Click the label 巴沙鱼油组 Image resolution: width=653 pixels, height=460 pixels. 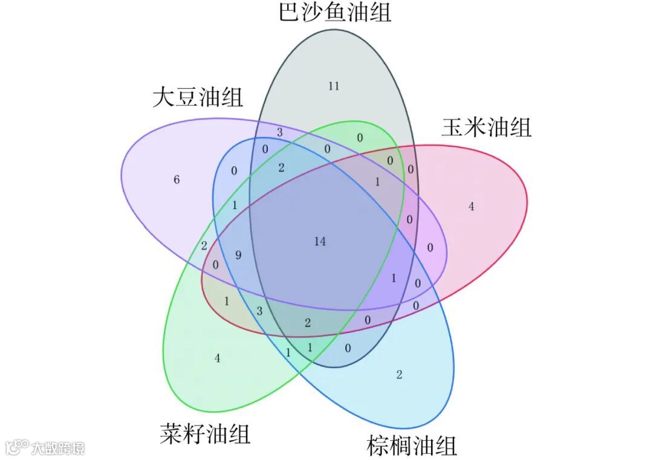click(335, 12)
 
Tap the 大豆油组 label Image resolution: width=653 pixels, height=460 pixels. click(197, 97)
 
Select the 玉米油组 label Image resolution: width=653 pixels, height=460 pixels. click(486, 128)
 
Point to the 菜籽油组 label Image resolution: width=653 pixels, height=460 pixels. click(205, 434)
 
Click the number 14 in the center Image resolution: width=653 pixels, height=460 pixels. click(320, 241)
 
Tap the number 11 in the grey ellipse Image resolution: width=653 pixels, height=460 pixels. click(334, 86)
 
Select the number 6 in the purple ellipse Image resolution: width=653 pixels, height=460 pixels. click(177, 180)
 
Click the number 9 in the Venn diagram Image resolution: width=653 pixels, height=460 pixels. click(238, 255)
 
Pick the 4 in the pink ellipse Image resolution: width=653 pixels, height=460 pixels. click(471, 207)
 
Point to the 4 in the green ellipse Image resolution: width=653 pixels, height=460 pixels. click(217, 358)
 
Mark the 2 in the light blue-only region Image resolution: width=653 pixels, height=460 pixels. click(399, 375)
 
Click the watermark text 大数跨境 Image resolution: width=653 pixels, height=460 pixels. click(58, 448)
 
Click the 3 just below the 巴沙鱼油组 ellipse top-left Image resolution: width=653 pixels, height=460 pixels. click(279, 132)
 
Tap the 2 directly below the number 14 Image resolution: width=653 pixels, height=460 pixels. click(307, 323)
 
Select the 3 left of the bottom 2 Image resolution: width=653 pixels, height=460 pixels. click(259, 311)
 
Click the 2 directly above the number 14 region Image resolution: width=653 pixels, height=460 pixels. click(281, 168)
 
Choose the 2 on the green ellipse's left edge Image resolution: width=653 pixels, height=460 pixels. click(204, 245)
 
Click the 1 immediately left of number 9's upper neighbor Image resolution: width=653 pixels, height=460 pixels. click(235, 206)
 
